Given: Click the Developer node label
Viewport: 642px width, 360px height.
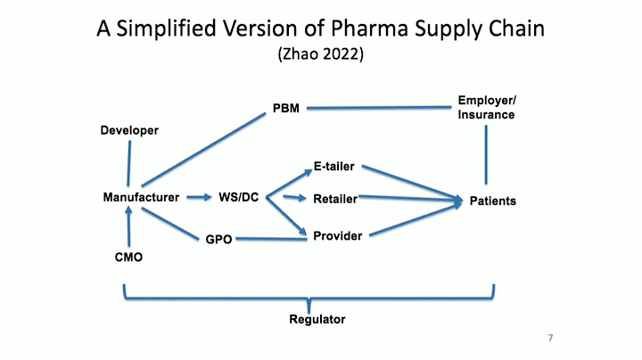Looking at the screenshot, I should click(x=128, y=131).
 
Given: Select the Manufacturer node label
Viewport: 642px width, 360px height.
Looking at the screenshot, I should click(x=141, y=197).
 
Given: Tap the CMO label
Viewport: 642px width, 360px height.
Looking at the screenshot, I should click(x=128, y=258).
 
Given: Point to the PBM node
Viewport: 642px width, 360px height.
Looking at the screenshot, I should click(x=285, y=109).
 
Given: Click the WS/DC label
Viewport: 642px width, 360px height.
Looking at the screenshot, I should click(x=238, y=197).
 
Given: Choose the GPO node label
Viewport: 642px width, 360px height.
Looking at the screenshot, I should click(x=218, y=240).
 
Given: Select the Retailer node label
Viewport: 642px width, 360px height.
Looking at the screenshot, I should click(x=335, y=199).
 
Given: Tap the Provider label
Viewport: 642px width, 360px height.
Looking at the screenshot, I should click(x=337, y=236).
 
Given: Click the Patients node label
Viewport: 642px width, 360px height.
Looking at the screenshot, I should click(x=492, y=201).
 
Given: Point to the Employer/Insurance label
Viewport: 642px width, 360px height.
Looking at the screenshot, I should click(x=486, y=108).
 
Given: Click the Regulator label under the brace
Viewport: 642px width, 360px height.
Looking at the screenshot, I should click(x=317, y=318).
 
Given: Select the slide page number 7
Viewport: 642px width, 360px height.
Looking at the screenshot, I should click(x=550, y=339).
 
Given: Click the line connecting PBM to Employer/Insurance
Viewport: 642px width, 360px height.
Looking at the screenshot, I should click(x=374, y=108).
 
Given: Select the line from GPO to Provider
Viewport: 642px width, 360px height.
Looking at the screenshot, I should click(x=271, y=239).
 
